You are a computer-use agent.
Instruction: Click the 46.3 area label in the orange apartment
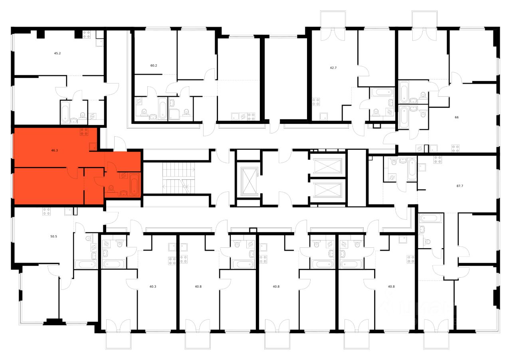pos(54,151)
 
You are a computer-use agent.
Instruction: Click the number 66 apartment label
pos(456,117)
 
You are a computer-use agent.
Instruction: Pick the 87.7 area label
pos(460,186)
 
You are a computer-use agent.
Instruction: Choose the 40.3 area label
pos(153,286)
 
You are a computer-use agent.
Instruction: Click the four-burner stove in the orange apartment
pos(84,132)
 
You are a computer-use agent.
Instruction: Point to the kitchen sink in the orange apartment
pos(92,146)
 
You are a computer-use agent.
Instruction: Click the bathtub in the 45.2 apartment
pos(65,112)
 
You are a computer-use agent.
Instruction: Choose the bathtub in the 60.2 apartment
pos(162,108)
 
